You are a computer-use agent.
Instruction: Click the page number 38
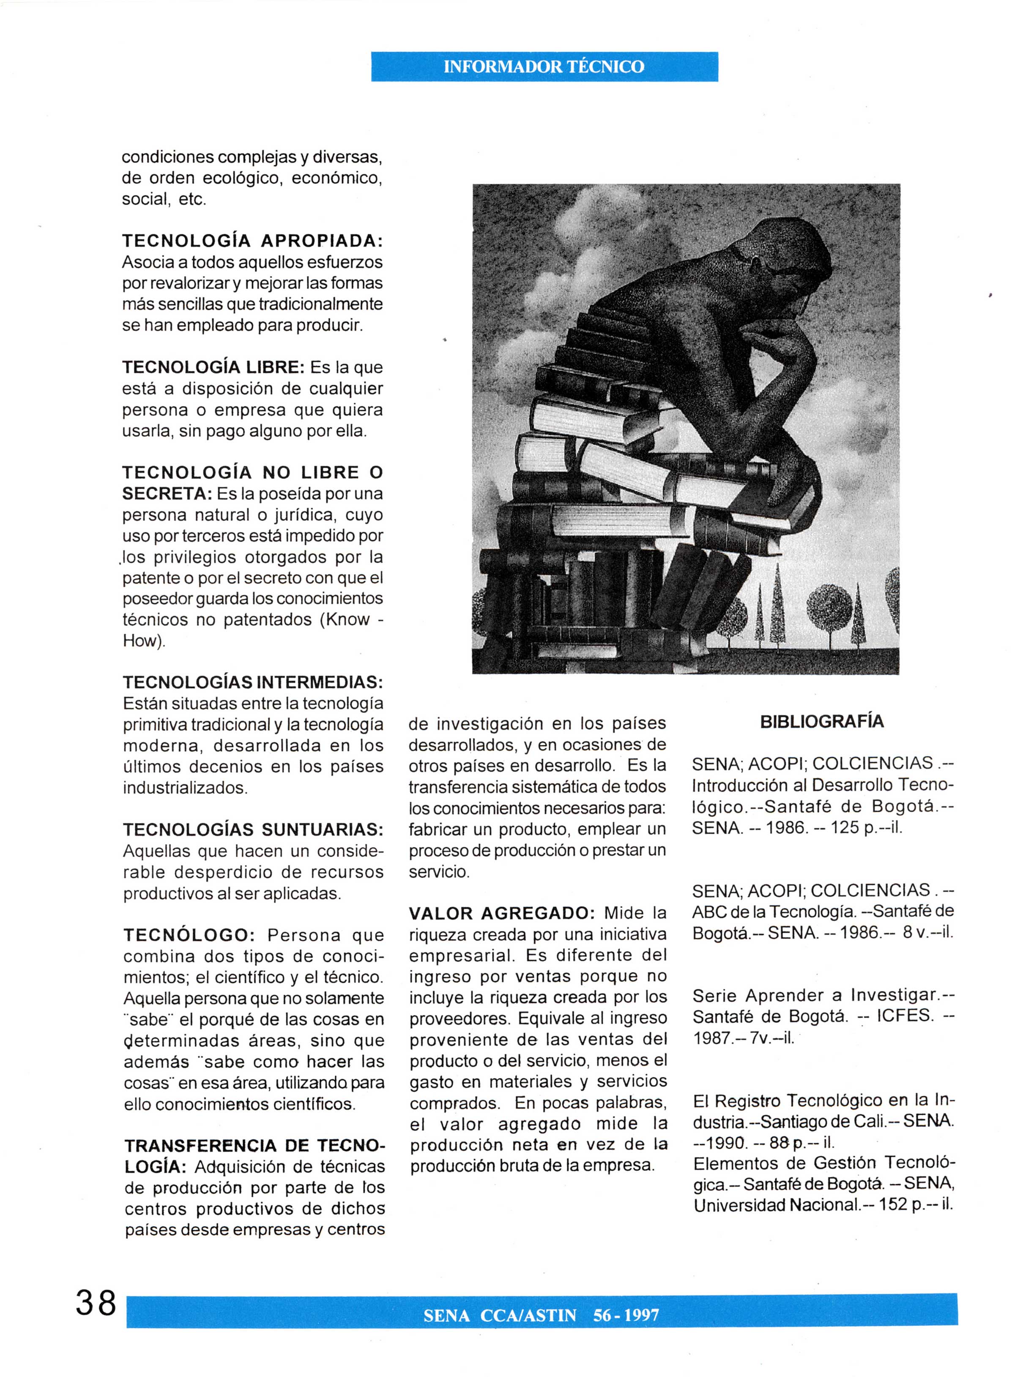pyautogui.click(x=96, y=1303)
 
